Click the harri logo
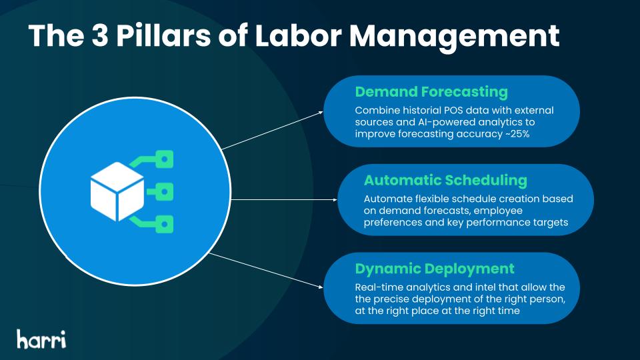click(41, 339)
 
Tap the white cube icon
click(117, 191)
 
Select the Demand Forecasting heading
click(431, 92)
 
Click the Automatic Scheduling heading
click(445, 181)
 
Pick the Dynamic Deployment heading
click(435, 269)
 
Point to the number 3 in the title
click(100, 35)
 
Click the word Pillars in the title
click(164, 35)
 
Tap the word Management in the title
click(454, 37)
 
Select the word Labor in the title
click(299, 35)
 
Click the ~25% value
click(517, 134)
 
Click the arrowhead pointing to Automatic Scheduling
click(335, 199)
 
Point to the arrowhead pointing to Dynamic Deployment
click(320, 287)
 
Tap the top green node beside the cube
click(164, 159)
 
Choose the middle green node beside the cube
click(164, 192)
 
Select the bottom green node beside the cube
click(164, 225)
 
